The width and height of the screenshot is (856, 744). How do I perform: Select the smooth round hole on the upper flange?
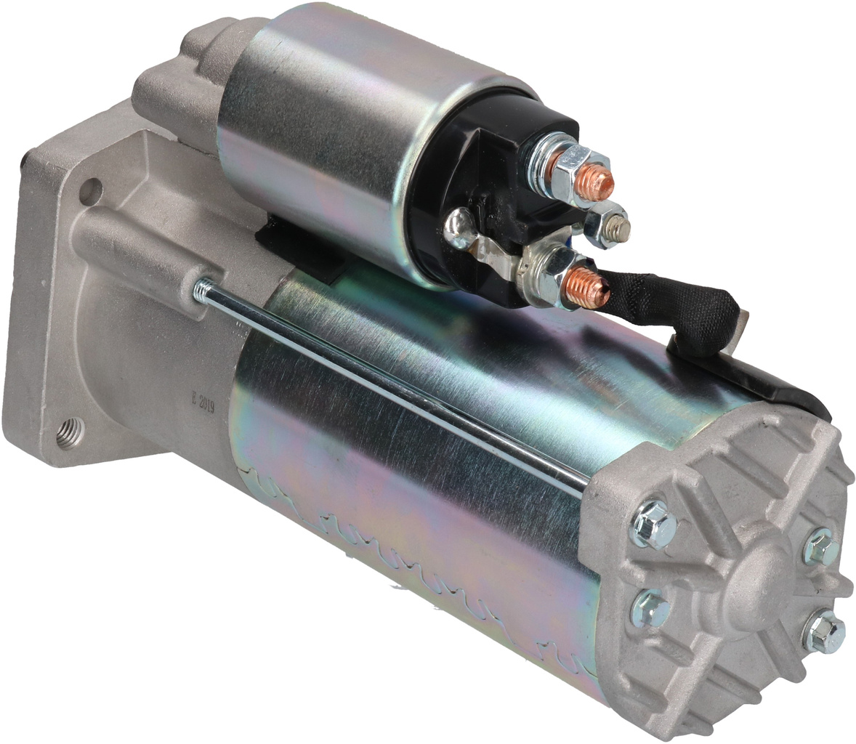[x=90, y=191]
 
